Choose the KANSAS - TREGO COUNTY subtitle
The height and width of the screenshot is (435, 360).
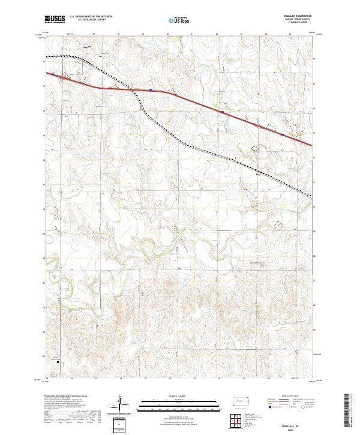coord(301,19)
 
